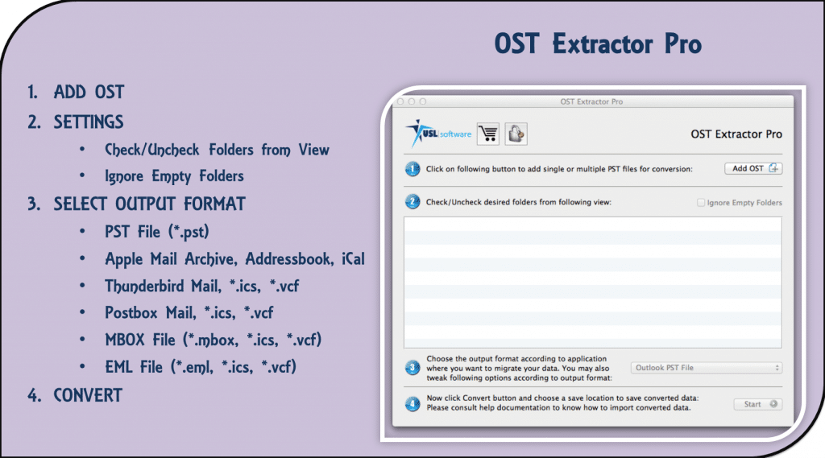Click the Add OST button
[752, 168]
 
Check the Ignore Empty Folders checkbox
[701, 203]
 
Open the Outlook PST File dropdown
[707, 367]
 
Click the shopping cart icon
[488, 134]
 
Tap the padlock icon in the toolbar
[516, 134]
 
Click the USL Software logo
[438, 134]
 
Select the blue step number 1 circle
[412, 169]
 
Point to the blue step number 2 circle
[412, 202]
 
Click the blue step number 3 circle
[412, 368]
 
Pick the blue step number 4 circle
[412, 403]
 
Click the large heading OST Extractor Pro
[598, 44]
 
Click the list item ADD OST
[89, 93]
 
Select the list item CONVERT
[88, 395]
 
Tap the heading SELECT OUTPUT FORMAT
[149, 204]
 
